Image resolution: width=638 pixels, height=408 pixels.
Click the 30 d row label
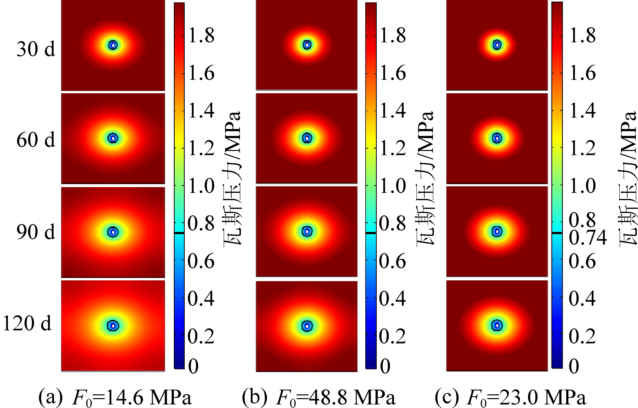[x=36, y=49]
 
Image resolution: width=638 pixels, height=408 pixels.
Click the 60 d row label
[x=36, y=140]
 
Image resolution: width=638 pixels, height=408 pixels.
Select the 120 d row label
[x=27, y=323]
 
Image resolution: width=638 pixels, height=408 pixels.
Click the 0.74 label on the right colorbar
[x=588, y=237]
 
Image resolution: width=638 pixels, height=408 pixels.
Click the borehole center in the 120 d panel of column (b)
[x=307, y=326]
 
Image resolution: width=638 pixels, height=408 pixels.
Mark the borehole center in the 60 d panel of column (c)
[x=497, y=138]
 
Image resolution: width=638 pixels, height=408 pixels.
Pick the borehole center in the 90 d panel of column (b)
[x=307, y=232]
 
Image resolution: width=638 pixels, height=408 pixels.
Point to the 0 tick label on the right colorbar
[x=574, y=366]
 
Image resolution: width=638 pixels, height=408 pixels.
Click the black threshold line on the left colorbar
[x=179, y=233]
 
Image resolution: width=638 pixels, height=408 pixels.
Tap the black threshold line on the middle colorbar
[x=371, y=233]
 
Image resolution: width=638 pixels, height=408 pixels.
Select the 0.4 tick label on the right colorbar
[x=582, y=299]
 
